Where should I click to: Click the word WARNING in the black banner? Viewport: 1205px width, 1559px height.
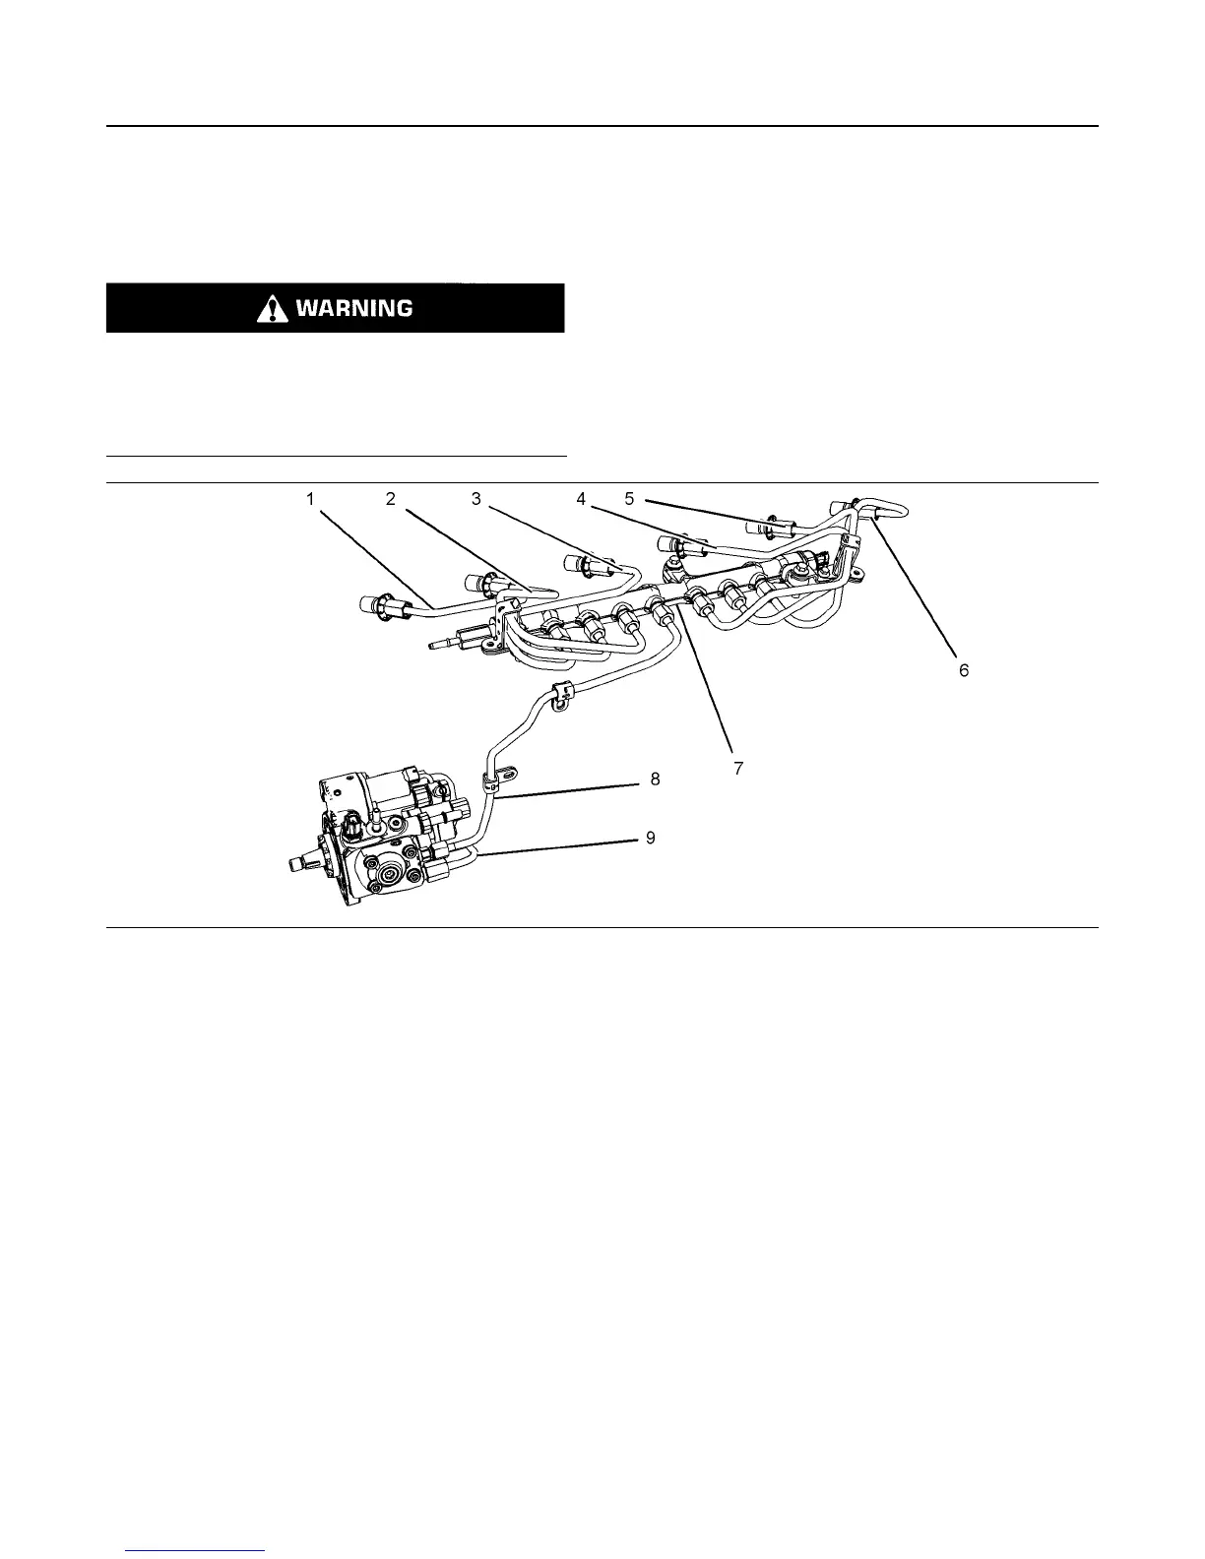point(353,308)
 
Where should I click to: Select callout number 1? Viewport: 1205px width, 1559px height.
point(310,499)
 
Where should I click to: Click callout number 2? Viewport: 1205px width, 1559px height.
point(390,499)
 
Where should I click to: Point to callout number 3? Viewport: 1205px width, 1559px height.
point(476,499)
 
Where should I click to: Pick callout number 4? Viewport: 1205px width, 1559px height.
point(582,499)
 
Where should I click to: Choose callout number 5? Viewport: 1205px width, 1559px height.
point(629,499)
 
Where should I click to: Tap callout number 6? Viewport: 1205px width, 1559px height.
point(964,669)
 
